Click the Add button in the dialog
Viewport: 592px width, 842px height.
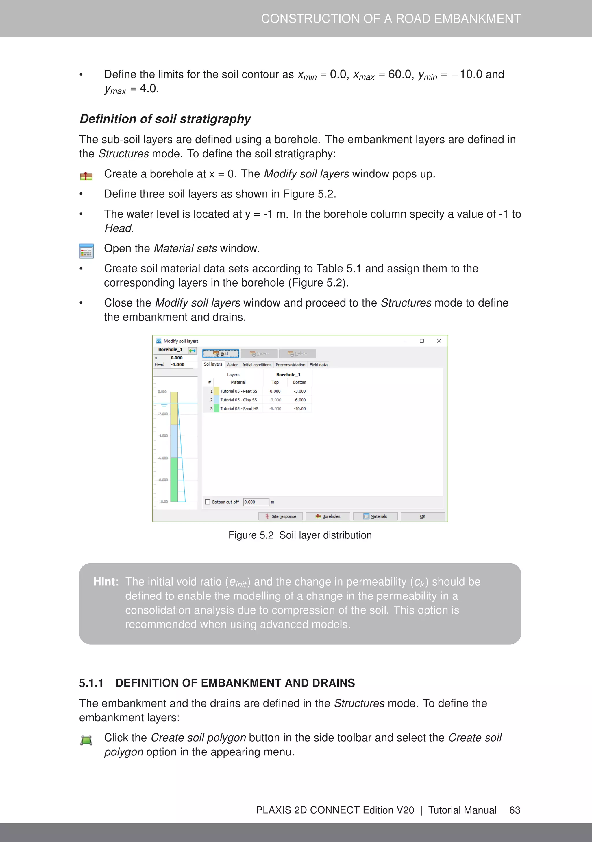coord(221,353)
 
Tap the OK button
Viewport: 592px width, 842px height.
coord(422,516)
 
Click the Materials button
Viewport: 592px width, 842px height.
coord(375,516)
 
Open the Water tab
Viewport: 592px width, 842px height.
coord(232,365)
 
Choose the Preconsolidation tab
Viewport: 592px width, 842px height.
coord(290,365)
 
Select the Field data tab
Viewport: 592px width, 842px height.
coord(318,365)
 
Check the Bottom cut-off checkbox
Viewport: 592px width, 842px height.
coord(208,502)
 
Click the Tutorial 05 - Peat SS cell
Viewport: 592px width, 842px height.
coord(238,391)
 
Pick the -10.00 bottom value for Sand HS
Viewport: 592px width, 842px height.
coord(300,408)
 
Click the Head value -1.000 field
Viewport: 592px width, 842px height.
coord(178,364)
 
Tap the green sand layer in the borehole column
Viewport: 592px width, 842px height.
coord(174,479)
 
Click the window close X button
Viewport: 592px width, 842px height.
coord(439,341)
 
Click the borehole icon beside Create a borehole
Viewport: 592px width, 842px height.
coord(86,176)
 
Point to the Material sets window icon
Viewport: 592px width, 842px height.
coord(86,251)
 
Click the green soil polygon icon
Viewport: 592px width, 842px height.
coord(86,740)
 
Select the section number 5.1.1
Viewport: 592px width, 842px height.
coord(91,683)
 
